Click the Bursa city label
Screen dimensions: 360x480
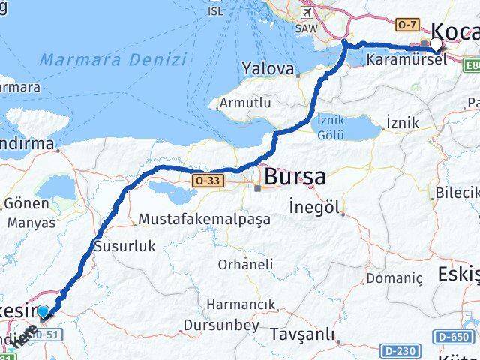coord(294,178)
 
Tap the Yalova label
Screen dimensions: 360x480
coord(266,69)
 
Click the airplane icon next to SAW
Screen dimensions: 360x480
coord(306,13)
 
